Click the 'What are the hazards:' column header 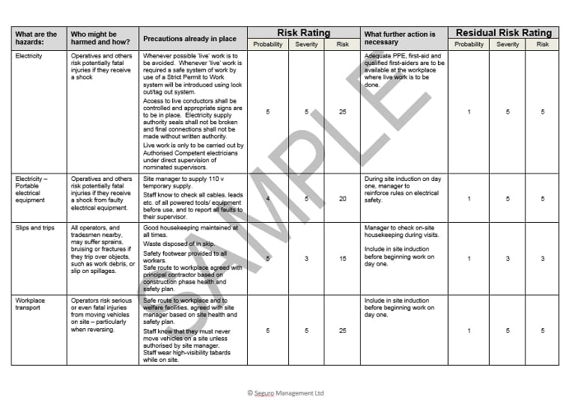click(36, 38)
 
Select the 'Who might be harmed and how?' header click(93, 38)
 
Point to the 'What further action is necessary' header click(400, 38)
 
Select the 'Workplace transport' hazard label click(31, 304)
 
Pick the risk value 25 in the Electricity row click(342, 111)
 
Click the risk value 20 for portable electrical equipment click(342, 199)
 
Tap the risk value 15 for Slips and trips click(342, 259)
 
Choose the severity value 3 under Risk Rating click(305, 259)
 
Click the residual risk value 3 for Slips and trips click(543, 259)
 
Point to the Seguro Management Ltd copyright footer click(285, 393)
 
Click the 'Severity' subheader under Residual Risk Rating click(507, 44)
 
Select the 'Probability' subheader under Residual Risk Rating click(469, 44)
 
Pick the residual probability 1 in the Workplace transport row click(469, 330)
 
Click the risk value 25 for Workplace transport click(342, 330)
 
